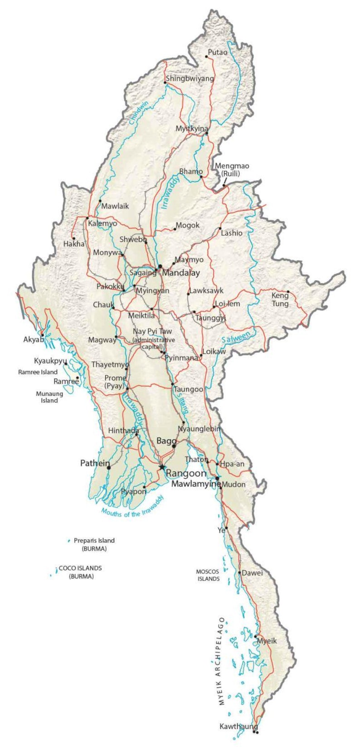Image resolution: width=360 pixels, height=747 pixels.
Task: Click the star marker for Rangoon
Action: (161, 466)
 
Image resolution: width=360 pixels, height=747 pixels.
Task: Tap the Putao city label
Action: (218, 53)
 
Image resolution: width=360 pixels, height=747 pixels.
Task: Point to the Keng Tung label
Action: (280, 300)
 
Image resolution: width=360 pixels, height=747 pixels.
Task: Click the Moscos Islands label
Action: (208, 575)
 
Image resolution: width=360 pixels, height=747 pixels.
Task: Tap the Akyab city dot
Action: (43, 335)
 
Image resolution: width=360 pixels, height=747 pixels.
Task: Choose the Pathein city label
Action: (95, 463)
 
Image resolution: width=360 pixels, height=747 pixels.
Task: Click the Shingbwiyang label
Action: (190, 78)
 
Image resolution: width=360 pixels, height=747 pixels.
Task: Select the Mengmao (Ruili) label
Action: (232, 170)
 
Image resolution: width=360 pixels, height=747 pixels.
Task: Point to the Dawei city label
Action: (252, 573)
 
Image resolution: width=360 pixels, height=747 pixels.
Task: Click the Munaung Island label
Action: (49, 397)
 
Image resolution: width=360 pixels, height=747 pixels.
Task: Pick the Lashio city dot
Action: (220, 228)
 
